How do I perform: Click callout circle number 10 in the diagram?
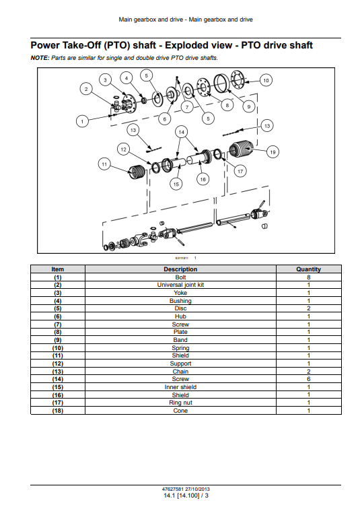point(266,80)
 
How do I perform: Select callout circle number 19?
point(273,152)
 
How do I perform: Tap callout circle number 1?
point(82,121)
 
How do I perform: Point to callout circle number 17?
point(240,171)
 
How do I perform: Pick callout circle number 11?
point(104,164)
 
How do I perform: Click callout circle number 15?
point(176,184)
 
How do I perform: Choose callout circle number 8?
point(227,105)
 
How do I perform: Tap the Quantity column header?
point(309,269)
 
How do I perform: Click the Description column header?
point(180,269)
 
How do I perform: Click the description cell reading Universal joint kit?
point(180,285)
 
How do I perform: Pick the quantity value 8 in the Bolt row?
point(309,277)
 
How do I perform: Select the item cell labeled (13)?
point(58,372)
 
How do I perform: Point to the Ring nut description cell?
point(180,403)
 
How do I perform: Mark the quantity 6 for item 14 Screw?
point(309,379)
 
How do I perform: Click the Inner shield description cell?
point(180,387)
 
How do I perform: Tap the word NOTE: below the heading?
point(40,58)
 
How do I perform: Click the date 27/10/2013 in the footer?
point(197,489)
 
